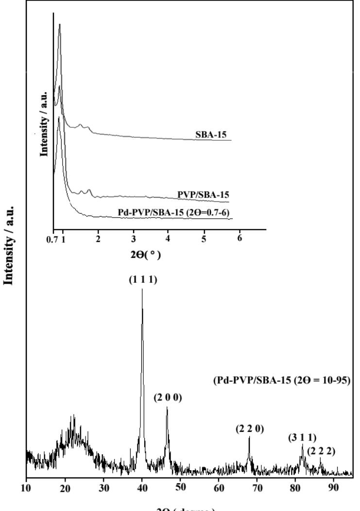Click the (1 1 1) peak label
(142, 281)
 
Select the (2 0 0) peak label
(168, 398)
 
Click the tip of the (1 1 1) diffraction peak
(142, 290)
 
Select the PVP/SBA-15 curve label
(205, 194)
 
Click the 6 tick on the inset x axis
(240, 239)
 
